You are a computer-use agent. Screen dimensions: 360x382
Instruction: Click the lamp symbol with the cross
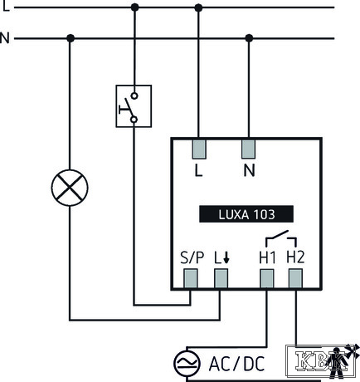coord(70,188)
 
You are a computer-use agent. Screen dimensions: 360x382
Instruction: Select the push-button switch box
coord(134,106)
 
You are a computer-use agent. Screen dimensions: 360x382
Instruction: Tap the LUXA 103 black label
coord(246,214)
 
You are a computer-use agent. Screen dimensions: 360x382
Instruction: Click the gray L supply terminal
coord(199,149)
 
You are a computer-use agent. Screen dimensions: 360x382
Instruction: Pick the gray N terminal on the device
coord(248,149)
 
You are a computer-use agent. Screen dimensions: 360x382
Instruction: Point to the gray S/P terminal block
coord(191,278)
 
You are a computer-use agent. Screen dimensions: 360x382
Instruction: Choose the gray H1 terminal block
coord(267,278)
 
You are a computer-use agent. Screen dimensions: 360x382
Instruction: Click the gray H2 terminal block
coord(295,278)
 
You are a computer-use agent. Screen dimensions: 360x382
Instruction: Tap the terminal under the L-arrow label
coord(221,278)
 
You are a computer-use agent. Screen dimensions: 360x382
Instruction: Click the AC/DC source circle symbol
coord(187,363)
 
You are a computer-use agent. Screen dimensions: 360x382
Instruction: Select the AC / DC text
coord(236,364)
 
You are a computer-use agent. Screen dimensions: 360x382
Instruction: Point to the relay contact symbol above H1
coord(281,238)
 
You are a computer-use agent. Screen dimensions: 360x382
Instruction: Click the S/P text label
coord(192,257)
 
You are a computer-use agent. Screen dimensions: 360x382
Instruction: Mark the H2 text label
coord(295,257)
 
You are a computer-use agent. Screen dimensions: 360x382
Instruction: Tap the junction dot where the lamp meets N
coord(71,38)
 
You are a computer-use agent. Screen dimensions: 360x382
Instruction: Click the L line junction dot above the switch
coord(134,7)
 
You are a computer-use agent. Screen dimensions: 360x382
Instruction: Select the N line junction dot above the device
coord(249,38)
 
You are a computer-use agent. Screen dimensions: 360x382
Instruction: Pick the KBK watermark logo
coord(322,361)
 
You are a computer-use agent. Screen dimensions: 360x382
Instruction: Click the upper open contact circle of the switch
coord(134,96)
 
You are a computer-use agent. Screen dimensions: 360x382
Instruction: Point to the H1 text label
coord(267,257)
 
